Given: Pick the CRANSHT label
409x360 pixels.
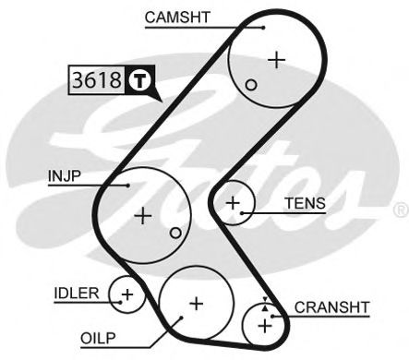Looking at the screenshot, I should coord(331,306).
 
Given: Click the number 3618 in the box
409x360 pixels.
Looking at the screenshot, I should coord(96,80).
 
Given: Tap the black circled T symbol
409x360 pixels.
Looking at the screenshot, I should coord(138,80).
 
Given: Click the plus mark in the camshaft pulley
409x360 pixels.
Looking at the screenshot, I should coord(275,59).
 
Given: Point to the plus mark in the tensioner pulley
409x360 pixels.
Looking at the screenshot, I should coord(234,200).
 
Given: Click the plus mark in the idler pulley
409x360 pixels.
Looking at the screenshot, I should coord(127,295).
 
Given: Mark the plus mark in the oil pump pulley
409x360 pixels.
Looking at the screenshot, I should coord(195,302).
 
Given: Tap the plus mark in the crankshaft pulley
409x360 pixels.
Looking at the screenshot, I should coord(266,324).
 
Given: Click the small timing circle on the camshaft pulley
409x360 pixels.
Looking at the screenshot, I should coord(250,85).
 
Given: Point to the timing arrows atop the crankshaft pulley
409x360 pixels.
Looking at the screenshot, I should coord(266,303).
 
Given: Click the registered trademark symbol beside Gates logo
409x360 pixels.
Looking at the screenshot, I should coord(401,210).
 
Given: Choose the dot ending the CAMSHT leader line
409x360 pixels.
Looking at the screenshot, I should coord(263,27).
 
